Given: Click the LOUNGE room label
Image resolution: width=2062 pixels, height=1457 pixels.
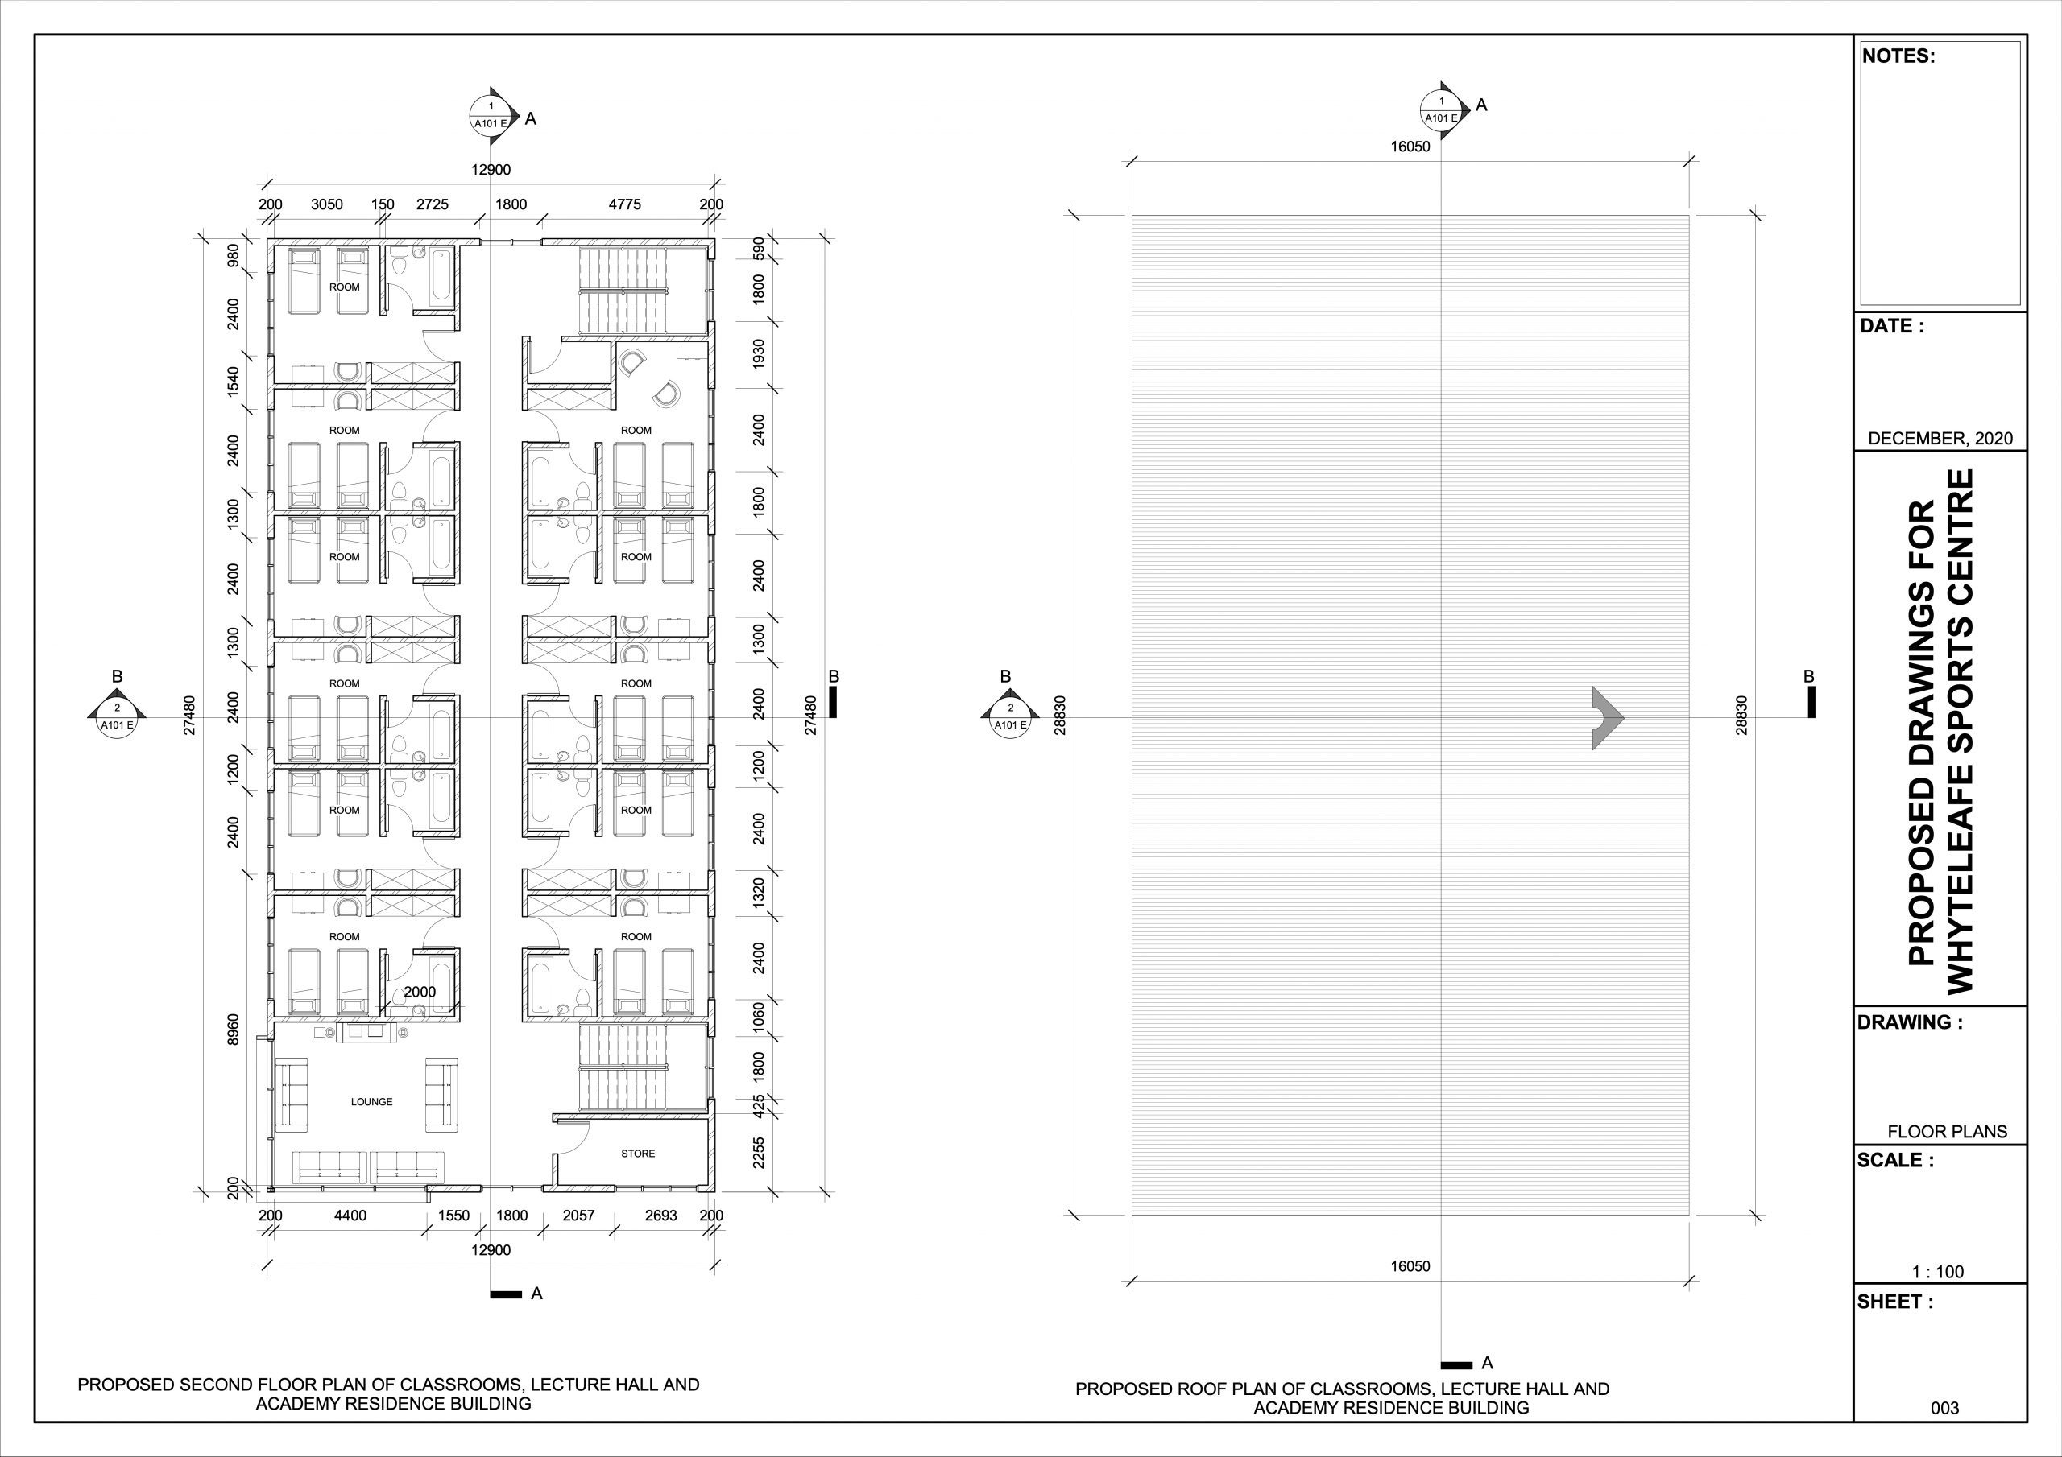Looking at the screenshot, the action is [372, 1101].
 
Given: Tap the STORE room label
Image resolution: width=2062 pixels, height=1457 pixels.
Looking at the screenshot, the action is [638, 1154].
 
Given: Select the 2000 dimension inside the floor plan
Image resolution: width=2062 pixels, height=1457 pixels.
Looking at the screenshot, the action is [420, 992].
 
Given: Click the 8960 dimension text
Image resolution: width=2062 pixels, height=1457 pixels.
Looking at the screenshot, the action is [234, 1031].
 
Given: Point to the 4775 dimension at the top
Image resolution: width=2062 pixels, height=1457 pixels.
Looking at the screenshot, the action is [625, 204].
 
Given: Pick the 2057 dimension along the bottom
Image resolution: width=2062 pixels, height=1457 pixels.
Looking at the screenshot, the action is [578, 1216].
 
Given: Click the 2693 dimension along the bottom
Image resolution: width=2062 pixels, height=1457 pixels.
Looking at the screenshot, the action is [661, 1216].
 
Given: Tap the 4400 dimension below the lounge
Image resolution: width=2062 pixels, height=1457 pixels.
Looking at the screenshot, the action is [350, 1216].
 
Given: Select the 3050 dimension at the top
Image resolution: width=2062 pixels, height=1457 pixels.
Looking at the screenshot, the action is [327, 204].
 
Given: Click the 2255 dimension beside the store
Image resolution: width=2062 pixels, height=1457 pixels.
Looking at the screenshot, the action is [759, 1153].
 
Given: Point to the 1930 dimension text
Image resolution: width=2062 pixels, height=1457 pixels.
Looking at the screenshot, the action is [759, 355].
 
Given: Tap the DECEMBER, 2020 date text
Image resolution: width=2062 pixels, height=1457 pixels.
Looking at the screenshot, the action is [1940, 439].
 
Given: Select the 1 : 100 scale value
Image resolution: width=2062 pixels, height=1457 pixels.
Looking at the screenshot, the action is [1938, 1272].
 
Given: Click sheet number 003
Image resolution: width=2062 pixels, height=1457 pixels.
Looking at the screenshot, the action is [1945, 1409].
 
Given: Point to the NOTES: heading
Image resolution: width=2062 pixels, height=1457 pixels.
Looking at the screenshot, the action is [1898, 56].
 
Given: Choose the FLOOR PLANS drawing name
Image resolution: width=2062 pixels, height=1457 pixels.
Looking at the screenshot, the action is [1947, 1132].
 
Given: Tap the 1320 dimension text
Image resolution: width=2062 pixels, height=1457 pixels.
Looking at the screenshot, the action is [759, 894].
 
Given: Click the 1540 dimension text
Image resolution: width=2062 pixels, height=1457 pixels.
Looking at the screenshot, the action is [234, 382].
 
